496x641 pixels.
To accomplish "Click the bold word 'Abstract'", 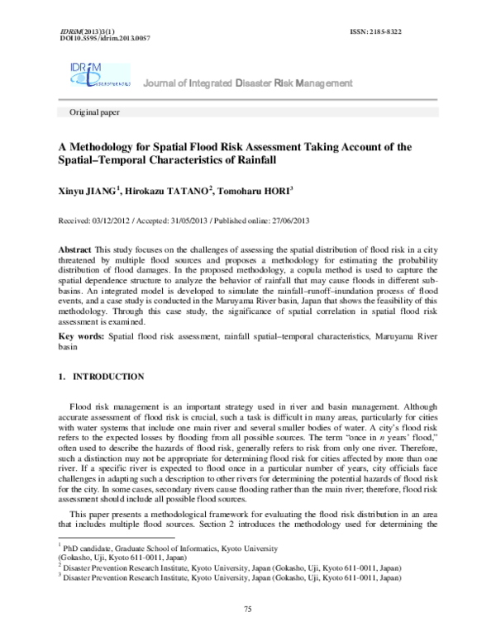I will (80, 249).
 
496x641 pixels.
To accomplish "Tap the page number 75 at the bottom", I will (246, 608).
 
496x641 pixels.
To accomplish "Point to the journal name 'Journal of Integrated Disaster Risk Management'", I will (247, 83).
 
